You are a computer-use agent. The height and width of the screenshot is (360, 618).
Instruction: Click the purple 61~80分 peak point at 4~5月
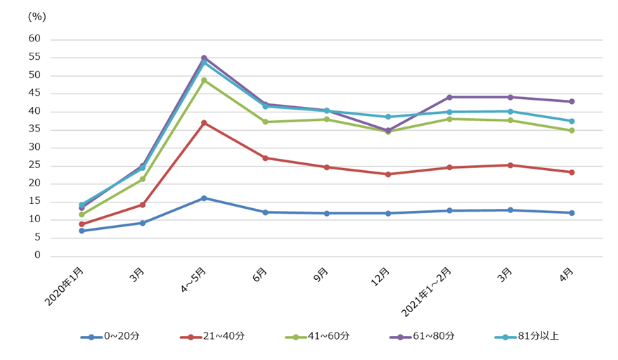[204, 58]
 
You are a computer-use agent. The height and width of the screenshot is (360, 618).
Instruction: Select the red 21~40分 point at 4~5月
[204, 122]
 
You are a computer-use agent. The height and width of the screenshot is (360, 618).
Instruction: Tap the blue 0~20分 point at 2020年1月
[82, 231]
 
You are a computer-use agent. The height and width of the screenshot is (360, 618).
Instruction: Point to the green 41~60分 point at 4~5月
[204, 80]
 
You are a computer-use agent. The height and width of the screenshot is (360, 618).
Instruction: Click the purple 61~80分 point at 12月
[388, 130]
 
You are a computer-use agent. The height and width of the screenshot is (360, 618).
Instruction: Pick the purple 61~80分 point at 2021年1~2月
[449, 97]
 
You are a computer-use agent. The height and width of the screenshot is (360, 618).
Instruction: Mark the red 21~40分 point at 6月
[265, 158]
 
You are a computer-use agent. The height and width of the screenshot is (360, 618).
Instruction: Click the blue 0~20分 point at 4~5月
[204, 198]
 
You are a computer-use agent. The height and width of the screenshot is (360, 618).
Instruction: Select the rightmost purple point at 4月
[572, 101]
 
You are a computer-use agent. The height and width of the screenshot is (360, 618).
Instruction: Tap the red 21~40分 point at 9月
[327, 167]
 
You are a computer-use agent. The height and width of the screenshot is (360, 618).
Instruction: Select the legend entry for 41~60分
[317, 336]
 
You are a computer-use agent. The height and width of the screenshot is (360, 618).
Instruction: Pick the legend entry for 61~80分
[422, 336]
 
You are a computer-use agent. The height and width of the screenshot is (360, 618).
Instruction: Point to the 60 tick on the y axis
[34, 39]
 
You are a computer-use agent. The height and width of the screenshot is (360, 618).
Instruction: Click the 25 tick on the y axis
[34, 165]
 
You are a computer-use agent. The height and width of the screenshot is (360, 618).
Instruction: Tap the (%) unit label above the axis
[36, 15]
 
